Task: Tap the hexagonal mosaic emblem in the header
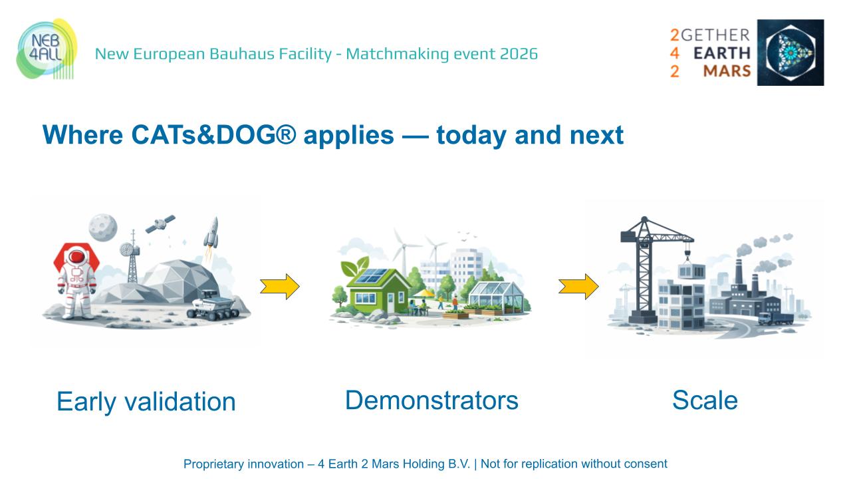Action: coord(794,53)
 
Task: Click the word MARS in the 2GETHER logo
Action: coord(727,71)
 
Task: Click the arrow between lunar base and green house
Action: coord(279,286)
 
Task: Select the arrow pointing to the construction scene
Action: coord(578,286)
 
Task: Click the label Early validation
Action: coord(146,402)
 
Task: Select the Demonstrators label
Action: coord(431,400)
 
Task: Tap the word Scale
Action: coord(705,400)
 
